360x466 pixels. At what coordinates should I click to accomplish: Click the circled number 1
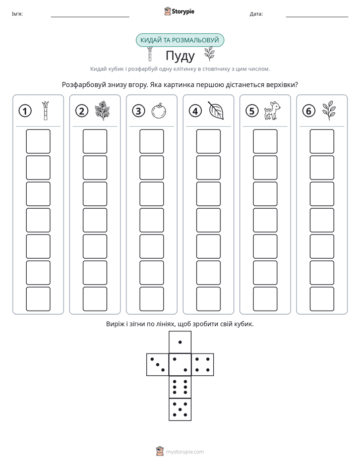click(25, 111)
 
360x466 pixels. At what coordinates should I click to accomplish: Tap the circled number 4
click(195, 111)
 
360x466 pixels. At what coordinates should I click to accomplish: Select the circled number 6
click(309, 111)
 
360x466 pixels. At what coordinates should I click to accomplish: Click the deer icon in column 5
click(272, 110)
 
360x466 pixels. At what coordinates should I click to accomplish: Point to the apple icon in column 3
click(159, 110)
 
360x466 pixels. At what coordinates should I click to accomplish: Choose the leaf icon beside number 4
click(216, 110)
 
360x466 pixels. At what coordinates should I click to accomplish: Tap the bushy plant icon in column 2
click(102, 110)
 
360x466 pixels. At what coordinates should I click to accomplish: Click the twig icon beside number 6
click(329, 110)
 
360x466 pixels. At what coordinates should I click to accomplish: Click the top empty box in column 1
click(38, 141)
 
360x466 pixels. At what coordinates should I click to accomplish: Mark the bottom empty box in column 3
click(151, 299)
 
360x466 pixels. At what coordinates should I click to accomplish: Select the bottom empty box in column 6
click(322, 299)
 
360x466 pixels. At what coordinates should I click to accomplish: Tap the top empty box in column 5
click(265, 141)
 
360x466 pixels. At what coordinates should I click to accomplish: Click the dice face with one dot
click(180, 342)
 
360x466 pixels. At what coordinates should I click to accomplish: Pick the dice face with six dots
click(180, 387)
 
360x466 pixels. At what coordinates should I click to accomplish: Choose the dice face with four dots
click(203, 364)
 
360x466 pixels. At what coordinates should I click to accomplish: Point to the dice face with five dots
click(180, 410)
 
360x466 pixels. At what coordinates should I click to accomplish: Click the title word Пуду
click(180, 56)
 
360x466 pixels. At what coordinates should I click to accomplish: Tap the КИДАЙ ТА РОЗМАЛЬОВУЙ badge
click(179, 40)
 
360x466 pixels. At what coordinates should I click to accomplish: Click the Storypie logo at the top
click(179, 11)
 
